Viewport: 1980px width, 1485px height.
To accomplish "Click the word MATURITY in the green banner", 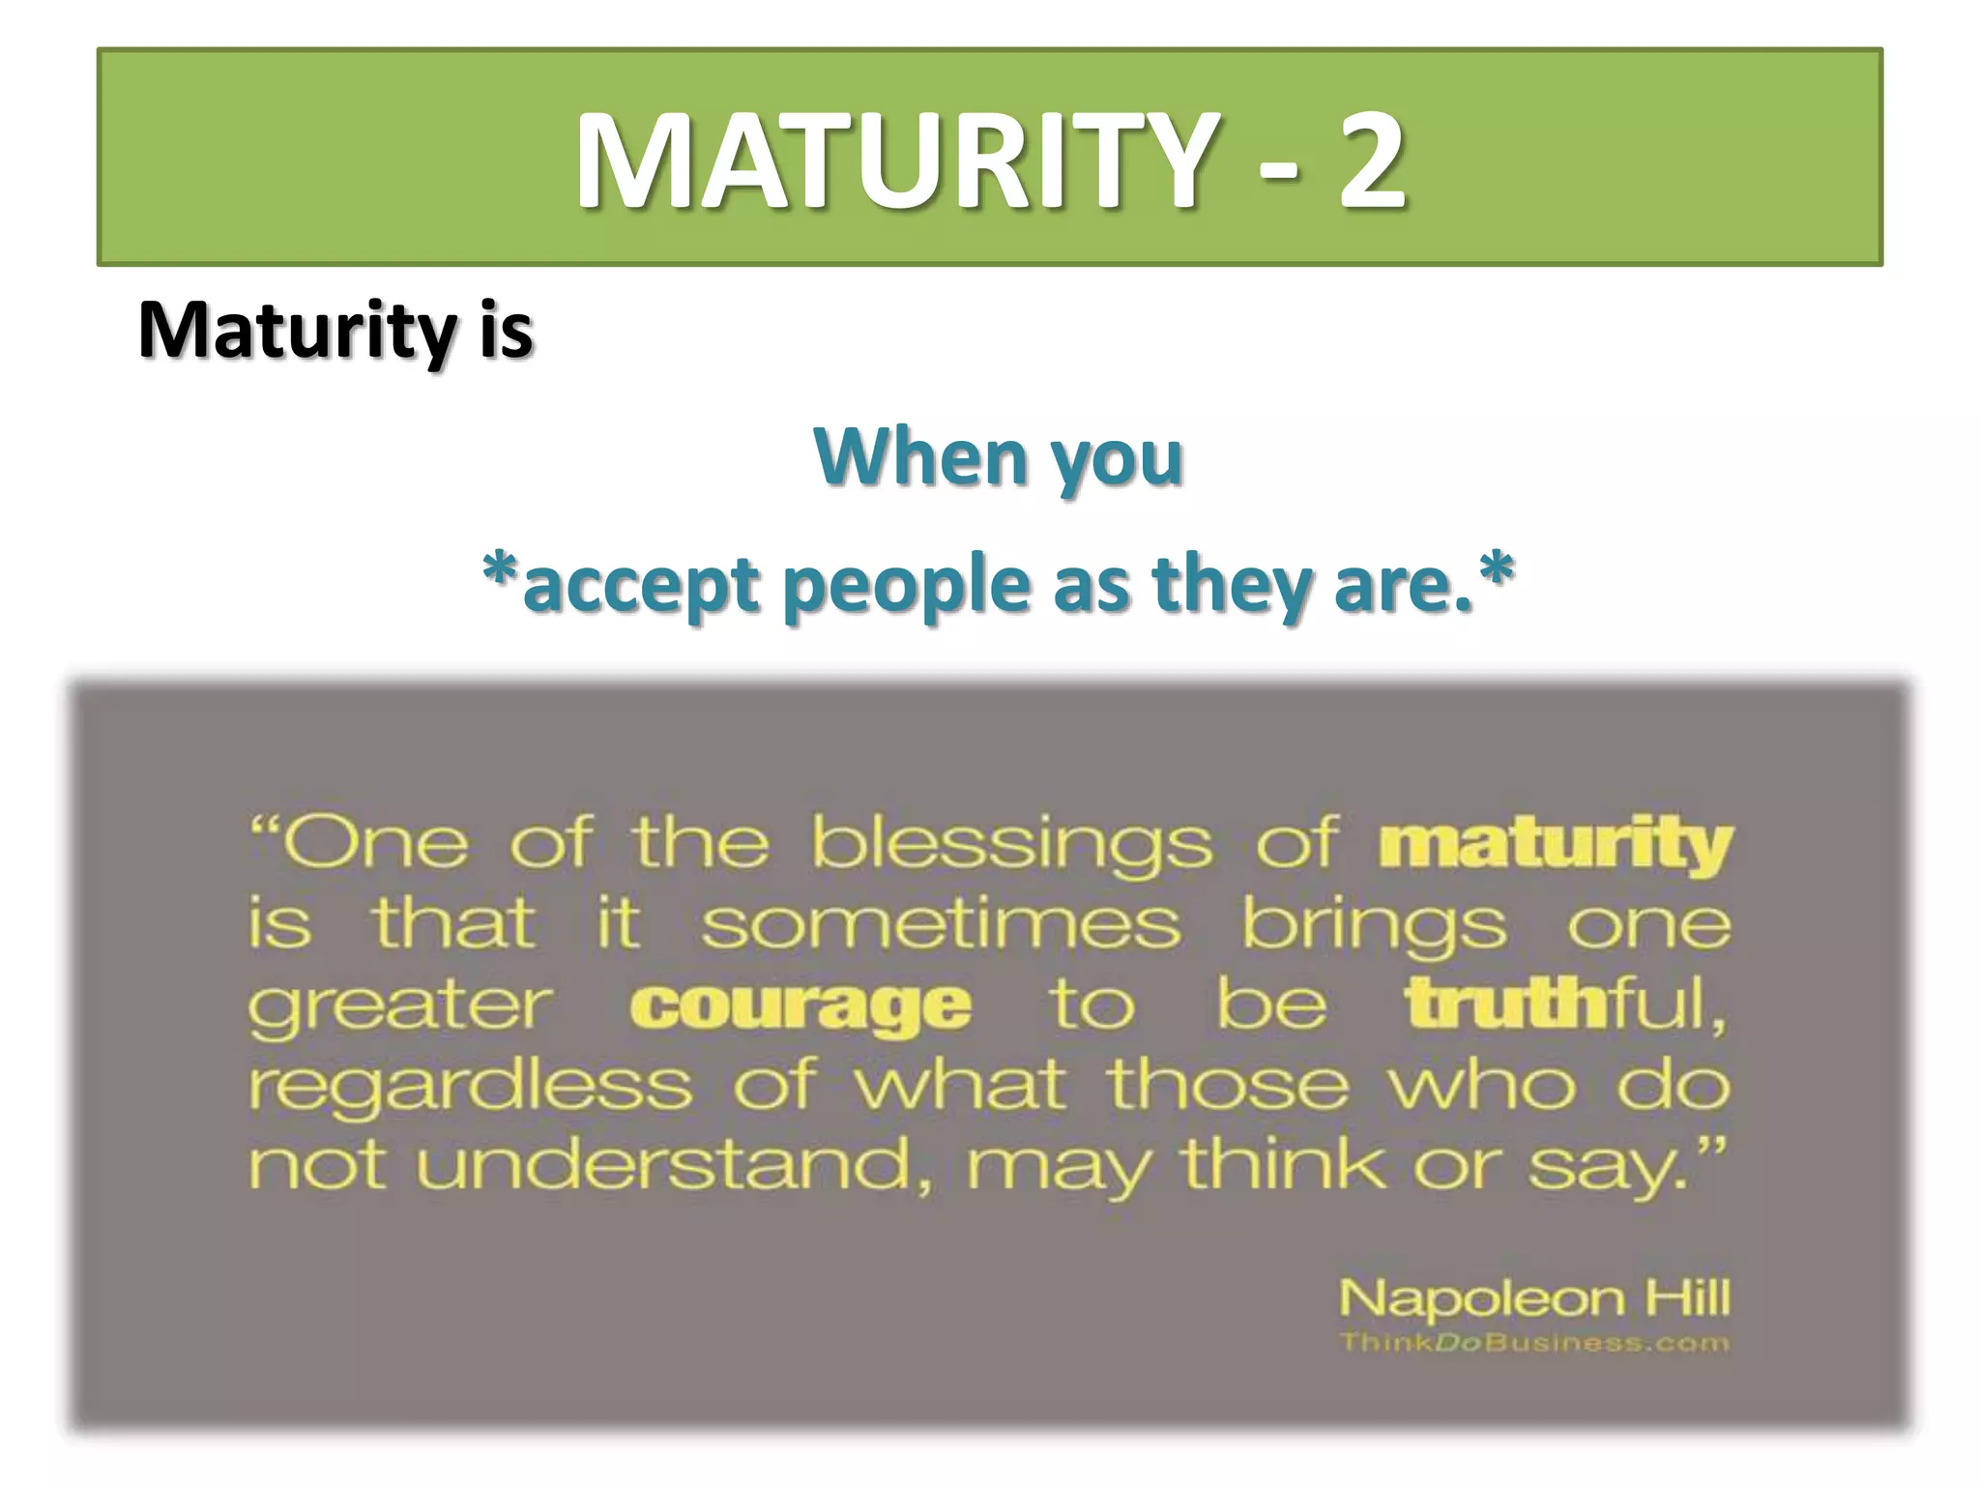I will (x=894, y=160).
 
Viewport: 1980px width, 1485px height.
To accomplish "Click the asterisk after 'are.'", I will (x=1496, y=570).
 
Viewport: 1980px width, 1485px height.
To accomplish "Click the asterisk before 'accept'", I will (x=500, y=570).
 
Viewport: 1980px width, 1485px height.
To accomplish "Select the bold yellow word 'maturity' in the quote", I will (x=1556, y=844).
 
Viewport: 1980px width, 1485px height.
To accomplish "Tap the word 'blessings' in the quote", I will (x=1010, y=844).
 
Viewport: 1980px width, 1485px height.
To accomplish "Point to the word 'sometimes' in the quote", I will (x=941, y=924).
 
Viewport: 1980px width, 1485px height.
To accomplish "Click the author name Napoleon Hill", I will (x=1534, y=1297).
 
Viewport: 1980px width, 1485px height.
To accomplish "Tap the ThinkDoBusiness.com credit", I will (x=1534, y=1343).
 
